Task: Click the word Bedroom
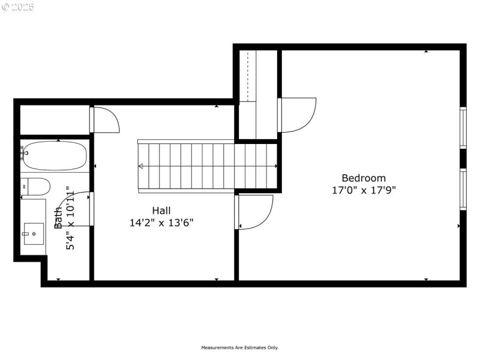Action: pyautogui.click(x=364, y=178)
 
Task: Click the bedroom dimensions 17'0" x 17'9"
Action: pyautogui.click(x=364, y=190)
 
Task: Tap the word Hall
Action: pyautogui.click(x=161, y=211)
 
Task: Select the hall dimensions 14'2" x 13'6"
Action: pyautogui.click(x=161, y=222)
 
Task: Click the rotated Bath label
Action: pyautogui.click(x=58, y=218)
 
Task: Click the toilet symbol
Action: pyautogui.click(x=36, y=187)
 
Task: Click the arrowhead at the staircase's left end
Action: pyautogui.click(x=141, y=166)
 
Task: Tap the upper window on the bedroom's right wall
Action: pyautogui.click(x=463, y=127)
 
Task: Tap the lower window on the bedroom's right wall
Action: pyautogui.click(x=463, y=189)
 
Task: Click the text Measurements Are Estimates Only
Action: pyautogui.click(x=239, y=347)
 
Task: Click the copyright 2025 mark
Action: pyautogui.click(x=18, y=7)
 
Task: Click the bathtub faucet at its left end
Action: pyautogui.click(x=25, y=152)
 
